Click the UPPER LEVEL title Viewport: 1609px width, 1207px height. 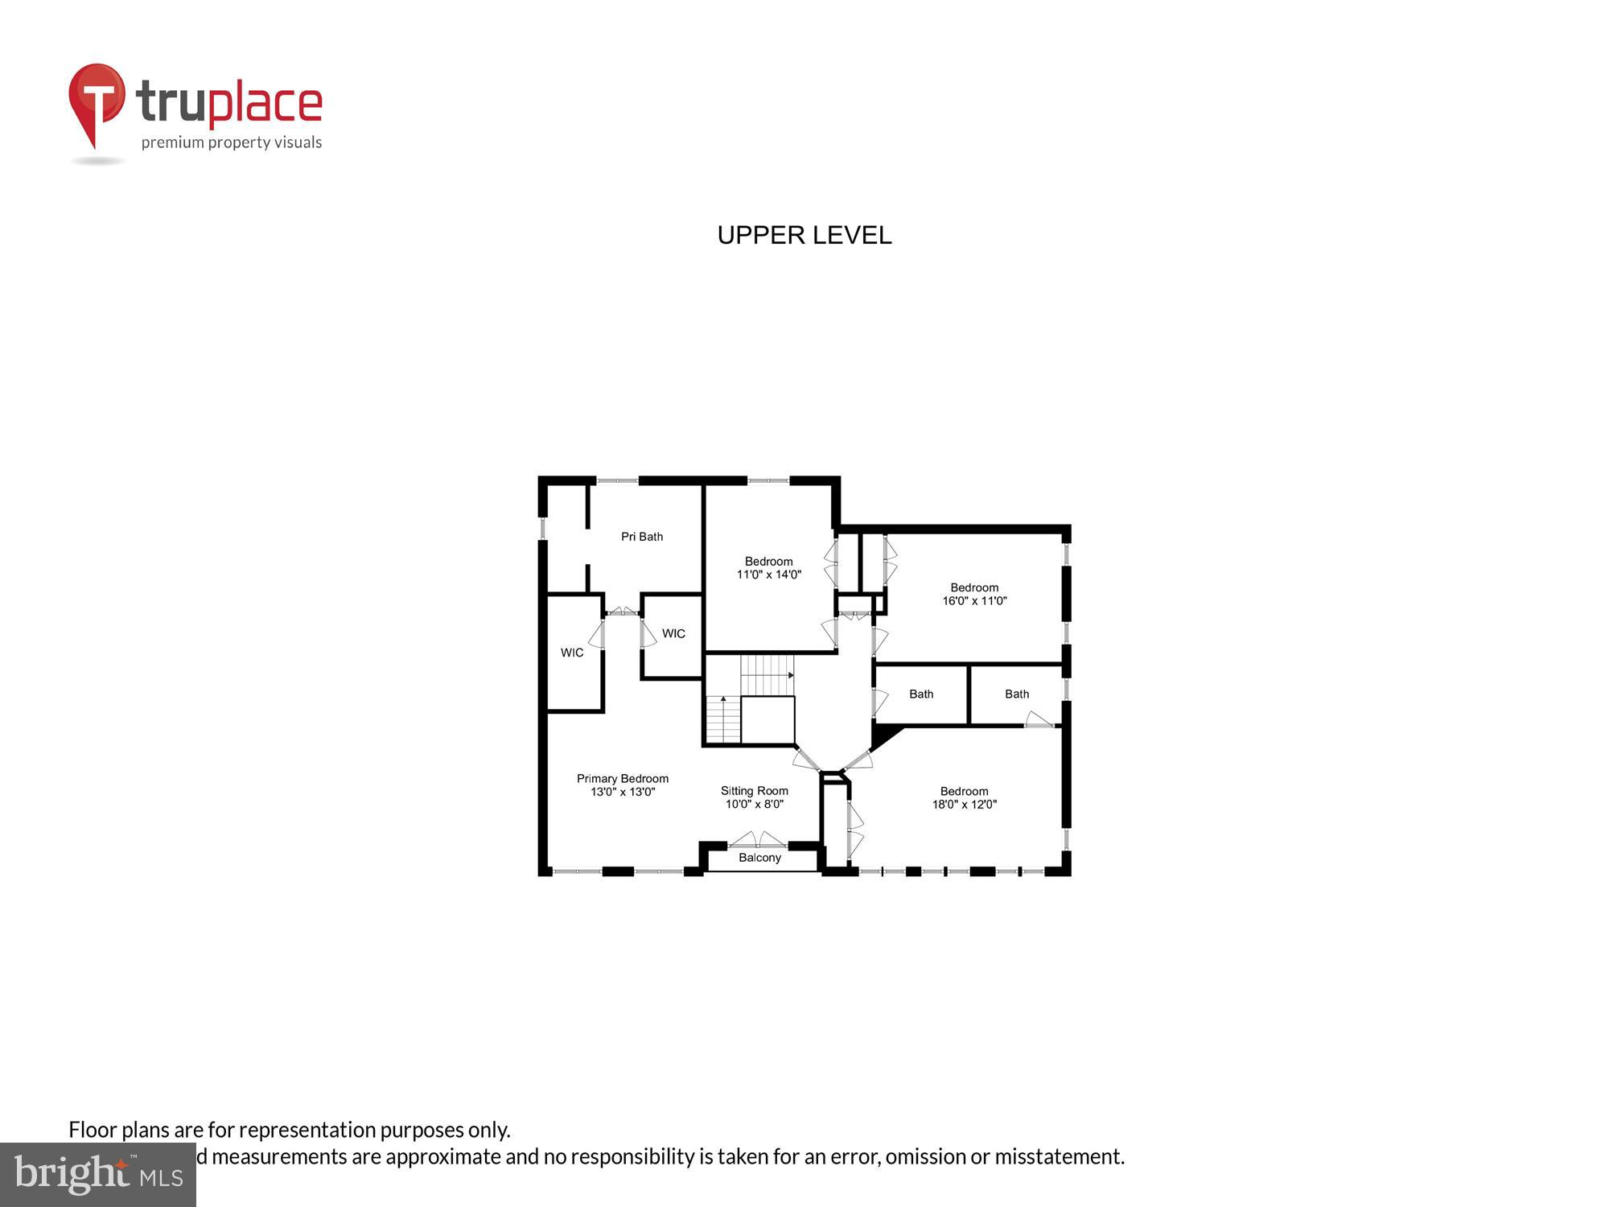804,235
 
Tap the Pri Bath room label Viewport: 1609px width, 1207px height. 641,537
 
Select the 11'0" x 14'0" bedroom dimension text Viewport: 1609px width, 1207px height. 768,575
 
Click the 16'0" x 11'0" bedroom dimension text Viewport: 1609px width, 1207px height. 974,600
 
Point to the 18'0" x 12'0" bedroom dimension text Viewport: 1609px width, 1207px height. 964,804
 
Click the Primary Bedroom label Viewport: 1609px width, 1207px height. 622,778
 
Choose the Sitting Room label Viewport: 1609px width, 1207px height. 754,791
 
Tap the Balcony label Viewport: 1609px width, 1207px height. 759,858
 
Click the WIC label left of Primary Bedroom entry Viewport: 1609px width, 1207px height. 572,653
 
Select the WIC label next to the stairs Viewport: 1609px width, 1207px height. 673,634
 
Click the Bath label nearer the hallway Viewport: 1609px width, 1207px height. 921,694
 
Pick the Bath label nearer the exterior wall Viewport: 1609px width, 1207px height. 1017,694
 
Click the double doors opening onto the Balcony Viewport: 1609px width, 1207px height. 757,841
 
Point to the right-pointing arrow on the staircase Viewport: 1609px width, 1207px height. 791,675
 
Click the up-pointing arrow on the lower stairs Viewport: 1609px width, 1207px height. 723,700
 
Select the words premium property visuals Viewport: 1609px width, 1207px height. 232,143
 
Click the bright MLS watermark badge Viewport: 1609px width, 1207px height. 97,1176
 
